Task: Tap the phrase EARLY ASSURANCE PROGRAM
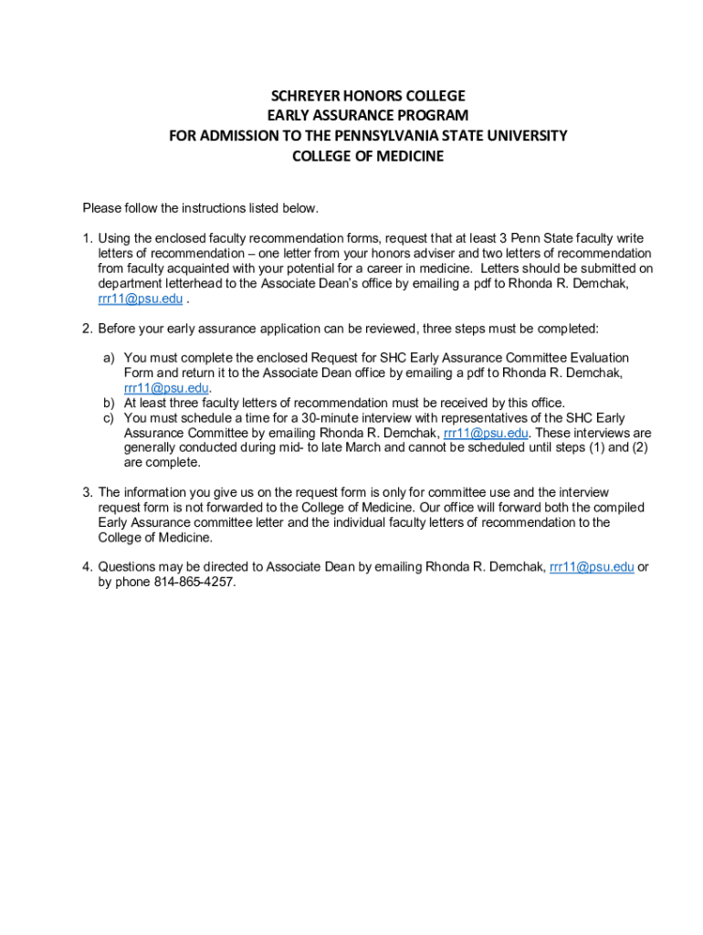[x=368, y=116]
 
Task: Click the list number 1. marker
[x=88, y=238]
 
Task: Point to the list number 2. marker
[x=88, y=329]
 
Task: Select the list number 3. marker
[x=88, y=493]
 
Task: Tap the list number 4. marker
[x=88, y=567]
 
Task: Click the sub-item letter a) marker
[x=108, y=358]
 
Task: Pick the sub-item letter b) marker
[x=108, y=403]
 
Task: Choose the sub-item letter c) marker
[x=108, y=418]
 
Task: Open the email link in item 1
[x=140, y=299]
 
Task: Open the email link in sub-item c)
[x=486, y=433]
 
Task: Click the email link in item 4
[x=592, y=567]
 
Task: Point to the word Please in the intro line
[x=102, y=208]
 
